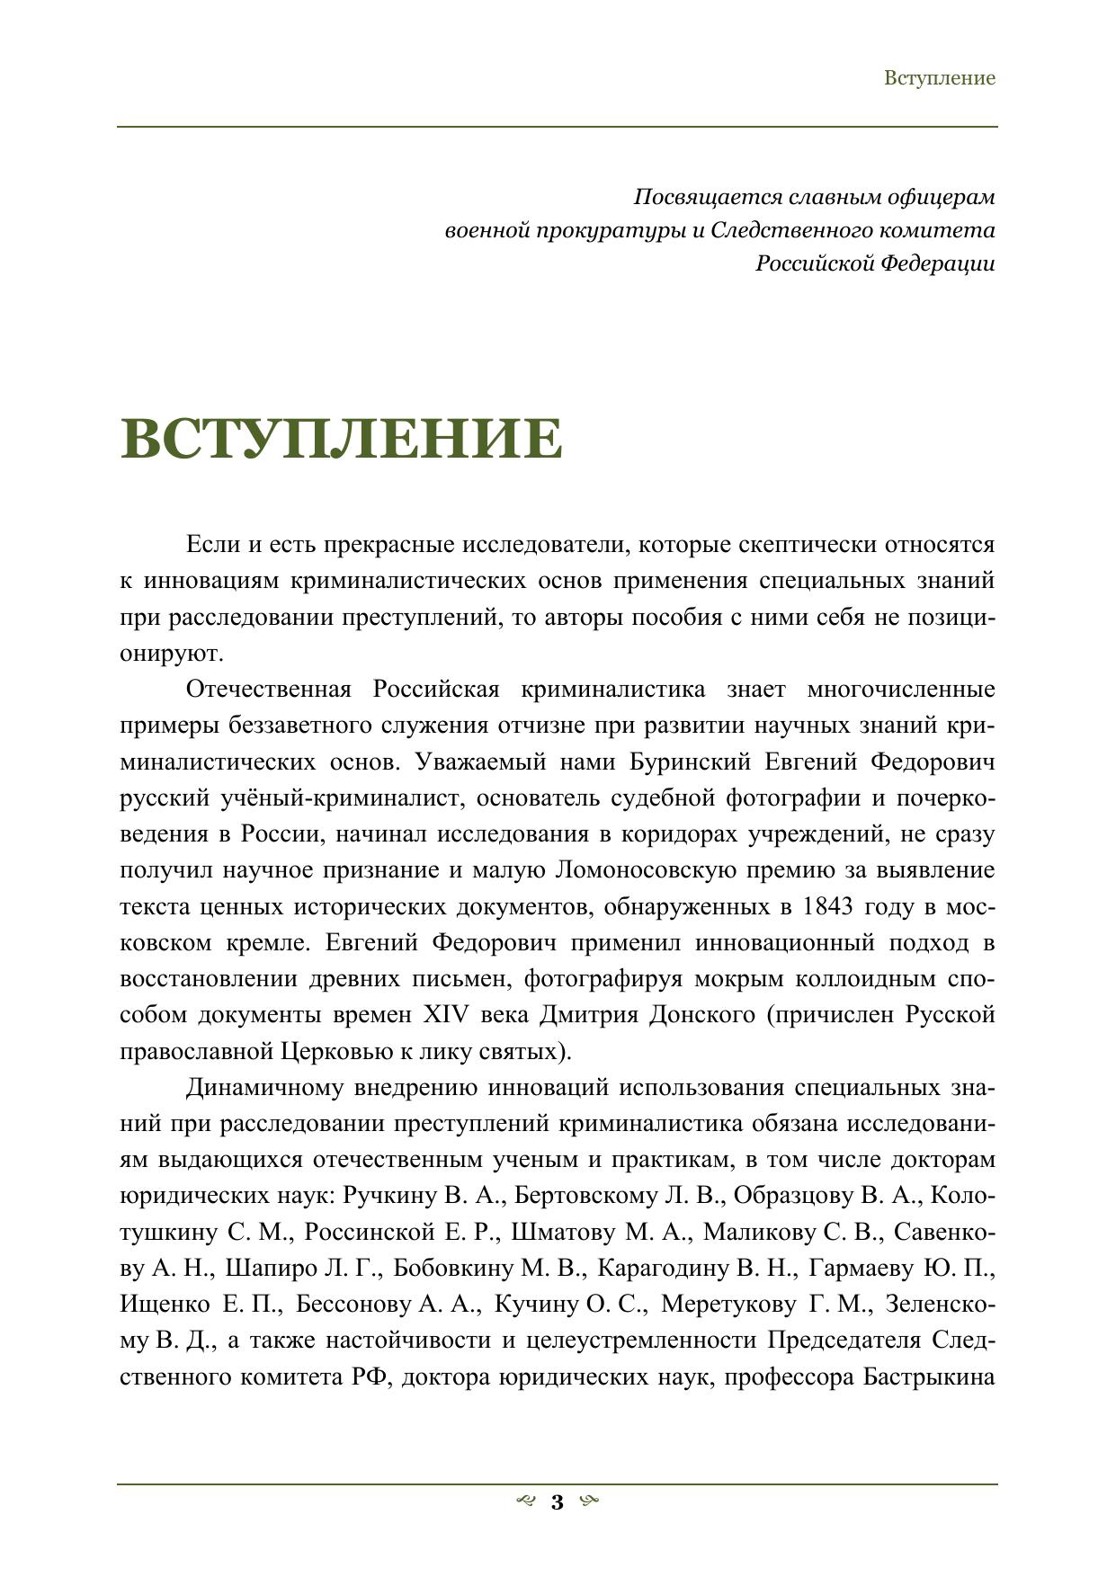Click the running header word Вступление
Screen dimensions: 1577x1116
(x=939, y=78)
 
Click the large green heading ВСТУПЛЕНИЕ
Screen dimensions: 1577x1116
(x=342, y=439)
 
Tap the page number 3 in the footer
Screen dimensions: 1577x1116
(x=557, y=1501)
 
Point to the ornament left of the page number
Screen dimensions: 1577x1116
(x=527, y=1501)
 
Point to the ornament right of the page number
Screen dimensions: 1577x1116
(x=589, y=1501)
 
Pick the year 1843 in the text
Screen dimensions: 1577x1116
(x=827, y=906)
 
